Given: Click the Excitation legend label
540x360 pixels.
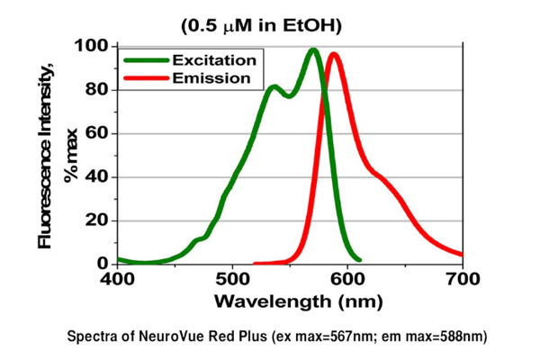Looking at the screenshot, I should (x=216, y=60).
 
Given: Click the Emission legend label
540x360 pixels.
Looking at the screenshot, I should (x=212, y=78).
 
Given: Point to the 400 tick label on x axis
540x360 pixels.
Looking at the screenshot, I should (x=117, y=278).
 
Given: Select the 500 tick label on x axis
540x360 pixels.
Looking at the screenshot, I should (x=232, y=278).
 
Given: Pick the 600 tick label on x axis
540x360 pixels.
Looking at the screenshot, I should (x=347, y=278).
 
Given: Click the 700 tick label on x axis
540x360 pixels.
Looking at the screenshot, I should (x=462, y=278).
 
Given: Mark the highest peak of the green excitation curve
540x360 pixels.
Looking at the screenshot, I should (x=313, y=50).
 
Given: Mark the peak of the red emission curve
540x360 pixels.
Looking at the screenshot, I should (x=334, y=55).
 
